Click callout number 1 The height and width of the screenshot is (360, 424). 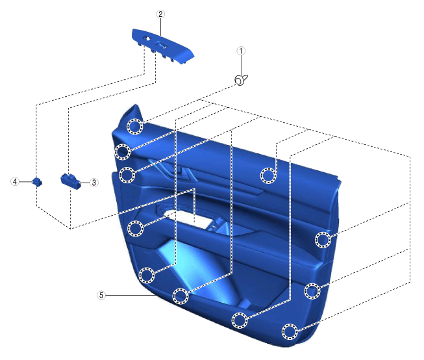241,50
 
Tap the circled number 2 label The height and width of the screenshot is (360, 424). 160,13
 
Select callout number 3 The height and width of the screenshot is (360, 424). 94,183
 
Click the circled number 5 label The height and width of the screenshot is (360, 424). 101,294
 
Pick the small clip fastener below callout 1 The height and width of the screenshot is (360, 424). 240,81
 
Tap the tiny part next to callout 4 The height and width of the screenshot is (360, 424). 38,181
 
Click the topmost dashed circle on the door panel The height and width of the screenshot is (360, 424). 135,127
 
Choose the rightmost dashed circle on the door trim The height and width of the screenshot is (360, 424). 323,240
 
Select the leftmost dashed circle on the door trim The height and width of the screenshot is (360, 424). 121,152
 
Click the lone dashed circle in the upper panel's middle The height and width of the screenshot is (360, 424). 268,174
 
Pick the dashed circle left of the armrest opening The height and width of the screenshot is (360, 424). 136,227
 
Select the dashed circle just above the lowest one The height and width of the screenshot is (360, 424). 240,320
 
